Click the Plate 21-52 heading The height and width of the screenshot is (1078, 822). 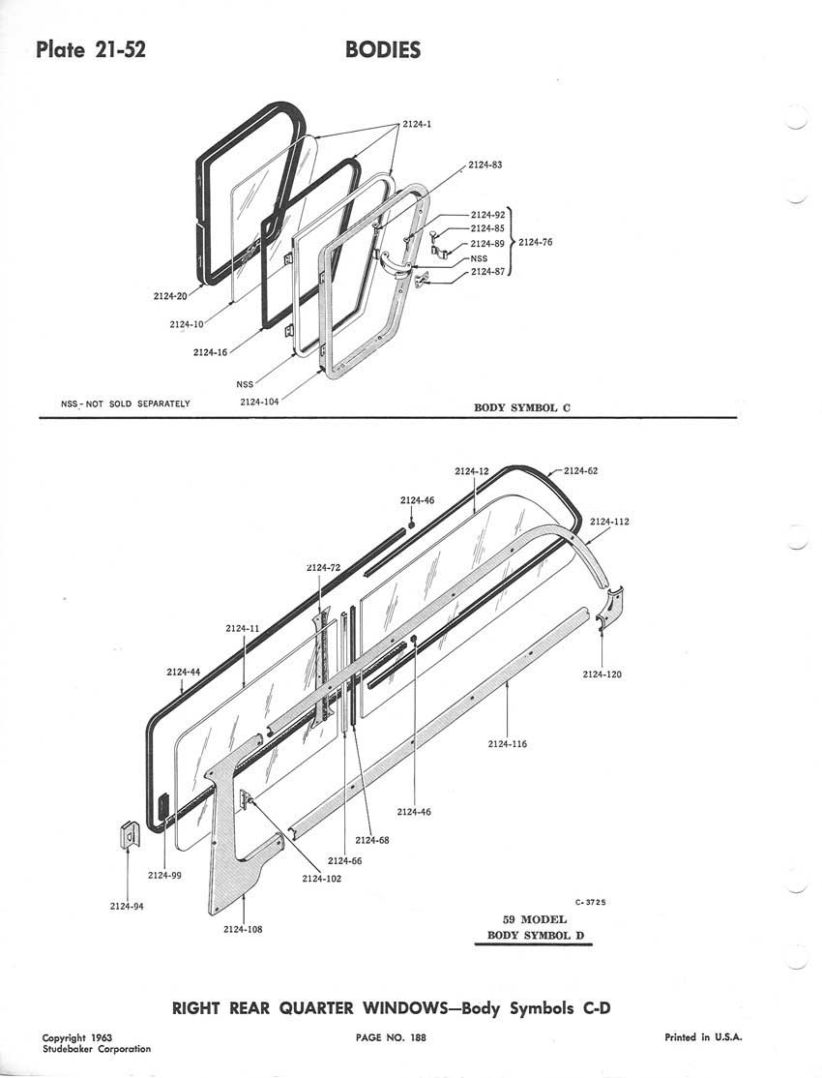tap(91, 50)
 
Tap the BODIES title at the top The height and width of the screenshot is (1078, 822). tap(383, 50)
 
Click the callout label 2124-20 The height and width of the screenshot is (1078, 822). tap(170, 296)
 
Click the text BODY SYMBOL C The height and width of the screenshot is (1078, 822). tap(522, 408)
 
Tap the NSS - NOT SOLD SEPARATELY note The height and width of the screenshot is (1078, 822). tap(126, 403)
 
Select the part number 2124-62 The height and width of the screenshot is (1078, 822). tap(581, 471)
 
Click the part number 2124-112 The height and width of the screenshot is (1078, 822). tap(609, 522)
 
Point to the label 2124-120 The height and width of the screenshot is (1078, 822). tap(602, 674)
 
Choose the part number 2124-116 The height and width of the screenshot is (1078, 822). tap(508, 744)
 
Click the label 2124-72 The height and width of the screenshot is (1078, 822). tap(324, 567)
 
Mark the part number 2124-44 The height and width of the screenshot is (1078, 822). tap(183, 672)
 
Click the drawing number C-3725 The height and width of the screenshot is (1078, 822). tap(590, 902)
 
